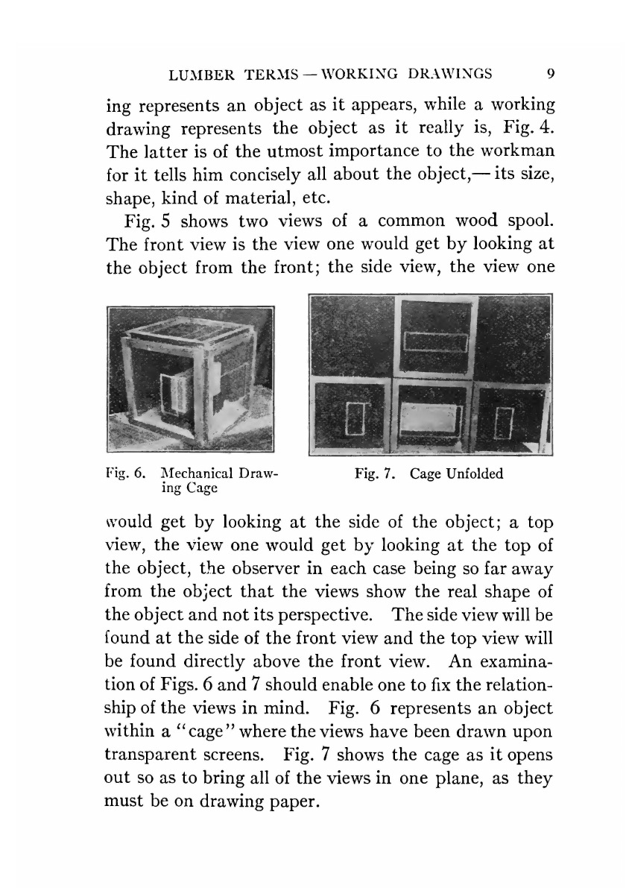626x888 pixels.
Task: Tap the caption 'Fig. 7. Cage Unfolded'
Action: (429, 473)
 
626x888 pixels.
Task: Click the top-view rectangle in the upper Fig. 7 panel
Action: (435, 343)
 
